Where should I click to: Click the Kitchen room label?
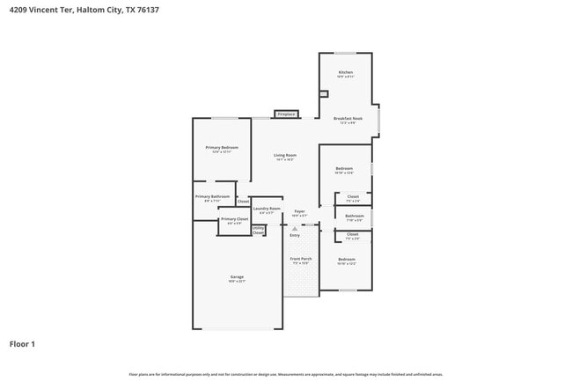346,71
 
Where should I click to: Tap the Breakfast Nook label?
348,118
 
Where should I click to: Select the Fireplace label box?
286,114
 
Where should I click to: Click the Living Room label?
285,155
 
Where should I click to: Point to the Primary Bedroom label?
222,147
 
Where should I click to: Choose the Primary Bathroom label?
212,196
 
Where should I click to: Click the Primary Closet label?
234,218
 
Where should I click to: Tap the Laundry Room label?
267,209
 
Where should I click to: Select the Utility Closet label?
258,231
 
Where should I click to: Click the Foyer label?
299,211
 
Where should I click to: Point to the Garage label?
237,276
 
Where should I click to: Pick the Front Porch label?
301,259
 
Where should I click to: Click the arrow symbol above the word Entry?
295,229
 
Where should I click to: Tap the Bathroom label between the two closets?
354,216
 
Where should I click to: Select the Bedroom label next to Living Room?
343,168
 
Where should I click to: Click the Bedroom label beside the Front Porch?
347,259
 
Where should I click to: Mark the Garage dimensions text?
237,282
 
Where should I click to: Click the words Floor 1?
22,343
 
